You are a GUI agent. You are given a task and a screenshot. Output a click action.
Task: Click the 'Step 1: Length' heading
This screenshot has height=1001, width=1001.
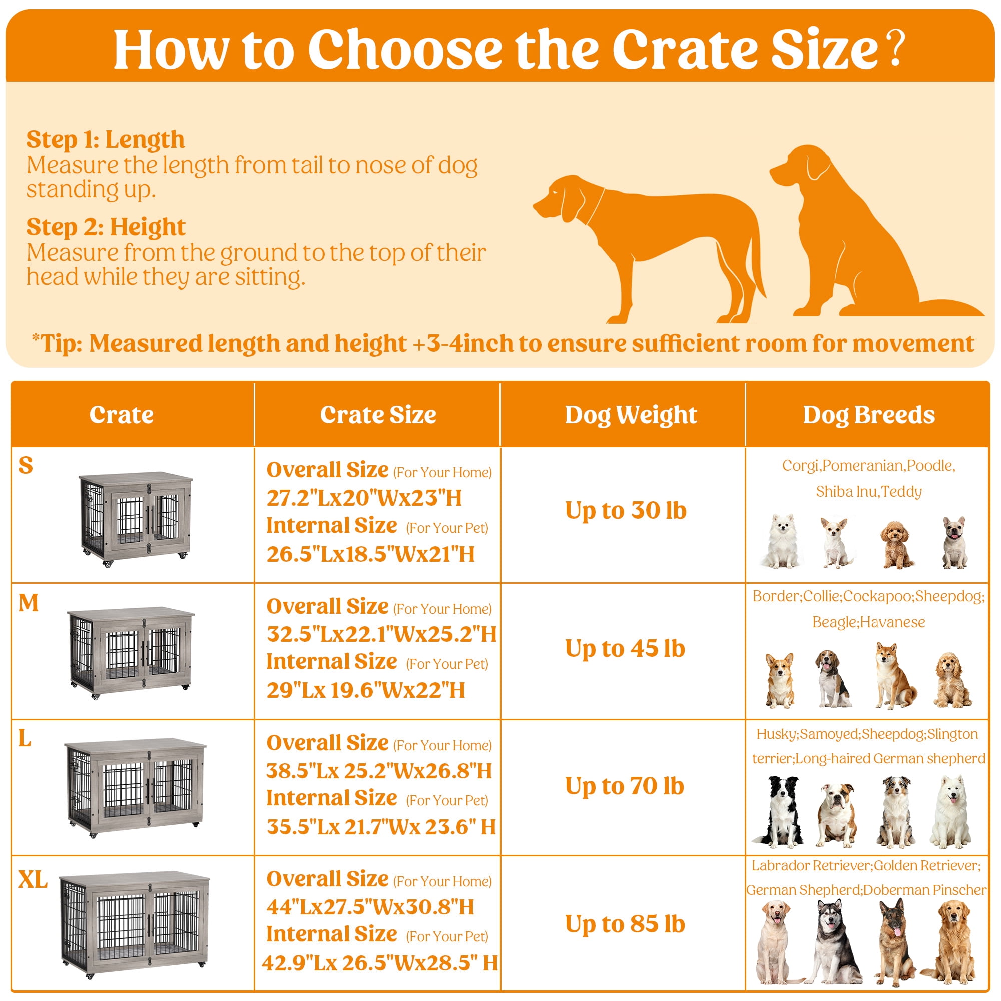pos(105,139)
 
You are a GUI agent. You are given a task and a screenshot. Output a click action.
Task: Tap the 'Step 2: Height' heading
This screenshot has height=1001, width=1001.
pos(106,227)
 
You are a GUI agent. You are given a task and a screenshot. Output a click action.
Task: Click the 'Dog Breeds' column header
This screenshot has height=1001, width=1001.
pos(869,415)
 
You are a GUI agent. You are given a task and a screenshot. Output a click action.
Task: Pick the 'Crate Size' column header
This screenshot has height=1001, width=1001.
pos(378,415)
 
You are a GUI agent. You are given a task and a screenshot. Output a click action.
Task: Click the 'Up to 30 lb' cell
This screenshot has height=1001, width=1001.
pos(625,511)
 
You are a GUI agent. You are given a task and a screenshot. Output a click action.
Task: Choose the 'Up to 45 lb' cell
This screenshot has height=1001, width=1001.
pos(625,649)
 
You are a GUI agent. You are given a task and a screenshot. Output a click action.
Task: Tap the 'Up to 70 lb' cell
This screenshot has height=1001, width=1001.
pos(624,786)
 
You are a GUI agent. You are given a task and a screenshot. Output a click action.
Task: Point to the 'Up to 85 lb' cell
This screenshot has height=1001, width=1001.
pos(625,924)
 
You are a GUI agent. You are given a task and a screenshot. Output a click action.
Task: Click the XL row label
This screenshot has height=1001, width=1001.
pos(33,880)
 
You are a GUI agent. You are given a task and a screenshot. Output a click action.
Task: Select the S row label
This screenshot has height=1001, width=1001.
pos(26,465)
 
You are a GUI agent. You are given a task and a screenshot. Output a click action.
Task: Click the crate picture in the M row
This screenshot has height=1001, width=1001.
pos(131,652)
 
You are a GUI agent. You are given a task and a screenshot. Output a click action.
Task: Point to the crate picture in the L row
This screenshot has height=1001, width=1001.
pos(135,787)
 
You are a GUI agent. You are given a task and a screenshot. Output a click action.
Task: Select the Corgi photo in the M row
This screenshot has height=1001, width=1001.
pos(779,680)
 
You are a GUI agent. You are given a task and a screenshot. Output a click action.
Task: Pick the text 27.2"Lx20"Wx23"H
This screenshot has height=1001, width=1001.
pos(364,498)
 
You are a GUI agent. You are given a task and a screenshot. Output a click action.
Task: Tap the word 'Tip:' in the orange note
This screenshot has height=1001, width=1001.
pos(61,343)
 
